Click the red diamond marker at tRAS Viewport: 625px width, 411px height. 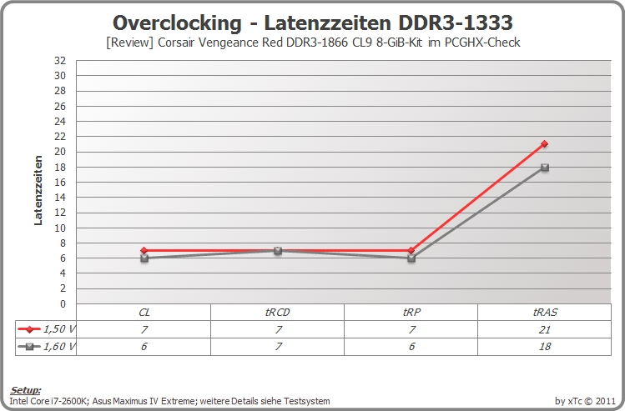(x=545, y=143)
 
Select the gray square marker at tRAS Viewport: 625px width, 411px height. (x=545, y=168)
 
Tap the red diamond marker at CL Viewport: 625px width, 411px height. (x=144, y=250)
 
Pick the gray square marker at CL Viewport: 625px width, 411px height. (x=144, y=258)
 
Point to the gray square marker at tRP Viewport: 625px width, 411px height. (x=411, y=258)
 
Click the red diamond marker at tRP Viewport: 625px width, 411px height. (x=411, y=250)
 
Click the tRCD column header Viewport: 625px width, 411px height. (x=277, y=313)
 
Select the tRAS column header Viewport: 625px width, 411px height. (x=545, y=313)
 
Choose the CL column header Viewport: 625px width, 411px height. (x=144, y=313)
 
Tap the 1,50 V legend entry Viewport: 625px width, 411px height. (x=46, y=329)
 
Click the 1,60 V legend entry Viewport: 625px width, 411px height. (x=46, y=347)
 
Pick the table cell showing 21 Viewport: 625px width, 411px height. (x=545, y=330)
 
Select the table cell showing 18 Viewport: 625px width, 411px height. (x=545, y=347)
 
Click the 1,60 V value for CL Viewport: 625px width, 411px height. (x=144, y=347)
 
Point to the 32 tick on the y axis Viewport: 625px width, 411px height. (x=60, y=61)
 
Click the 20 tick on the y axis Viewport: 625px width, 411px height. (x=60, y=152)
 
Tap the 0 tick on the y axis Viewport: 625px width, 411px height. (x=63, y=303)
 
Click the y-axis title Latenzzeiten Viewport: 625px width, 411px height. (x=38, y=190)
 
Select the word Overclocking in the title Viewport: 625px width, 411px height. (x=177, y=23)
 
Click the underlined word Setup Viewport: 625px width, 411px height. (x=26, y=390)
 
